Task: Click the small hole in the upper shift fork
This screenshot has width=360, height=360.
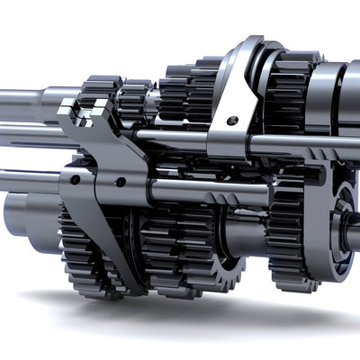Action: point(232,120)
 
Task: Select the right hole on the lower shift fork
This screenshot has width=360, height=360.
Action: point(120,182)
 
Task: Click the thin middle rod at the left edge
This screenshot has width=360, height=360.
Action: point(13,136)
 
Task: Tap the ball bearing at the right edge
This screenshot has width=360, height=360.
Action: point(346,220)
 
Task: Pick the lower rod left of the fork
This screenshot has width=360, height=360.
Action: point(27,180)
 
